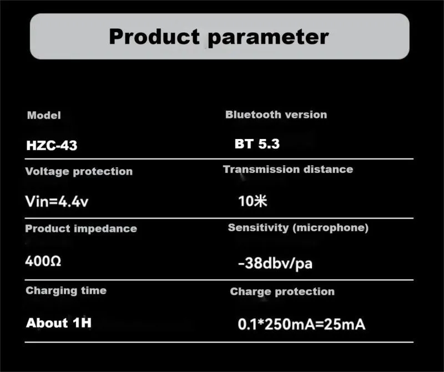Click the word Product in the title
point(154,37)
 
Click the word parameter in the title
point(269,38)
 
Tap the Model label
point(44,115)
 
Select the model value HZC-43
point(52,145)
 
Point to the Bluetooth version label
point(276,115)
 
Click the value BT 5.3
point(257,144)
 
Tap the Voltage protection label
point(79,171)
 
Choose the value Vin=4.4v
point(57,201)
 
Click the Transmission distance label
point(288,170)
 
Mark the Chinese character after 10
point(260,201)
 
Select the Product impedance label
point(81,229)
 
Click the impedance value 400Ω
point(43,261)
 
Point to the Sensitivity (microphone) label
point(298,228)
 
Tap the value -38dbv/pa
point(275,264)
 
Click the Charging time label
point(66,291)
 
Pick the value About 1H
point(59,323)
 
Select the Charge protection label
point(282,292)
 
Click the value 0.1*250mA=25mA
point(301,324)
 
